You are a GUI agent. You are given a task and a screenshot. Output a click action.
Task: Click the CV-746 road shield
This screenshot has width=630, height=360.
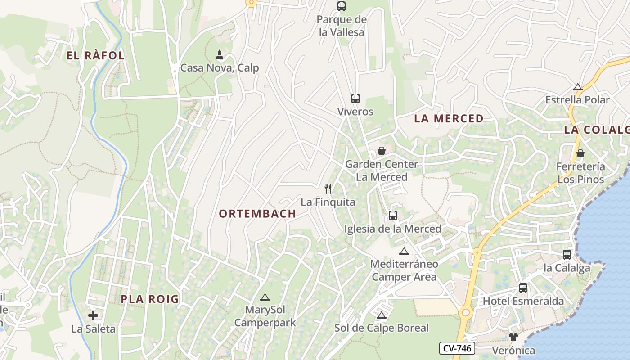click(x=457, y=348)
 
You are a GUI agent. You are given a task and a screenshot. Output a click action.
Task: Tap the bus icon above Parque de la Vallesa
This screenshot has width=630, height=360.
click(x=342, y=6)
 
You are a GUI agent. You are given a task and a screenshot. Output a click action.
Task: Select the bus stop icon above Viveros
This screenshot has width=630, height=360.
click(x=355, y=99)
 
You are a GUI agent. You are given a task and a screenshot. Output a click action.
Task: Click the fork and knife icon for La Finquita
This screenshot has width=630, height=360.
click(x=328, y=189)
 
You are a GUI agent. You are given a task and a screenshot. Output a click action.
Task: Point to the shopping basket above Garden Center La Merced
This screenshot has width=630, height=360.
click(x=382, y=151)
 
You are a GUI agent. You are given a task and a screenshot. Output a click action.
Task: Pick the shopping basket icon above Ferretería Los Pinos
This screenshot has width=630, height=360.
click(x=580, y=153)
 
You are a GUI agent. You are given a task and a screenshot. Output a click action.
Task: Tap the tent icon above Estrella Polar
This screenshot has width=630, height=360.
click(x=578, y=87)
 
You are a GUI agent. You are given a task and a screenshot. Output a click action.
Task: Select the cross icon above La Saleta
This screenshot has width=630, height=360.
click(x=93, y=315)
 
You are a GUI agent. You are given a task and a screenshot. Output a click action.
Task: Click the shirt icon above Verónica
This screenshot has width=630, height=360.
click(x=513, y=337)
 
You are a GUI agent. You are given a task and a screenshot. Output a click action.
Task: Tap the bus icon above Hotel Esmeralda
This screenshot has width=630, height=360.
click(x=523, y=288)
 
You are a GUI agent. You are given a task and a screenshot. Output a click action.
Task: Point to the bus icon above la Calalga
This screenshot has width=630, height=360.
click(x=567, y=255)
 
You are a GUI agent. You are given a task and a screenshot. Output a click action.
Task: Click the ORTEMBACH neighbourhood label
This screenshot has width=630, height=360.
click(x=257, y=214)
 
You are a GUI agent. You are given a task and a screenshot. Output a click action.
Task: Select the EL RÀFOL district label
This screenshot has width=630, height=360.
click(x=95, y=56)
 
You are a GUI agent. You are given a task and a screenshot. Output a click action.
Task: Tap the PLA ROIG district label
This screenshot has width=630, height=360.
click(x=150, y=299)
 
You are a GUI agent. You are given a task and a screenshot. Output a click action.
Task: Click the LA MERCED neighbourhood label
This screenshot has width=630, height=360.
click(x=449, y=119)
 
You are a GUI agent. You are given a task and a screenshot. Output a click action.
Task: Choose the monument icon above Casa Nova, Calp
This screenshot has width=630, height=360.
click(x=220, y=55)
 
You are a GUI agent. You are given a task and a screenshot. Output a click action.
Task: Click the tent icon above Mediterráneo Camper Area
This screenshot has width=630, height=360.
click(x=404, y=251)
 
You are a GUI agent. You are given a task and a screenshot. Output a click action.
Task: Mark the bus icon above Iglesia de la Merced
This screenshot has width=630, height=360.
click(x=393, y=216)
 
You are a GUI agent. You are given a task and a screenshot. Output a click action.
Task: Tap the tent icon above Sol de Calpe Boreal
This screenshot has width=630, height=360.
click(x=382, y=315)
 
